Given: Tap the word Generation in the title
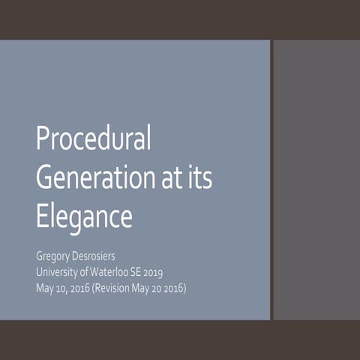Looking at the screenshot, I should pyautogui.click(x=89, y=178).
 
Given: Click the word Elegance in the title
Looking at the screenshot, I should pyautogui.click(x=84, y=216).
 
